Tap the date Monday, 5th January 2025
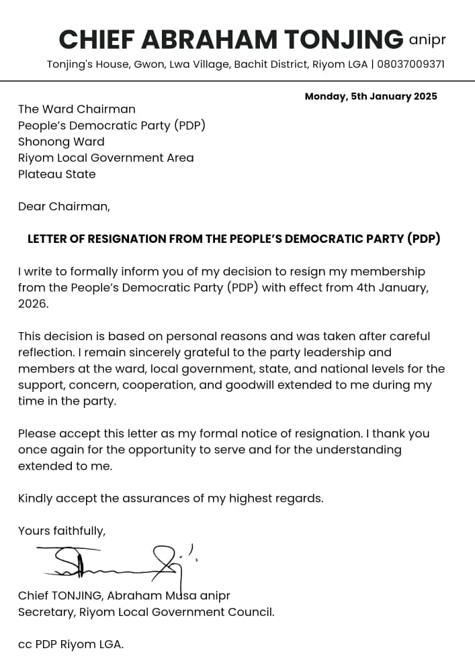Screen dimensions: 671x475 (x=371, y=97)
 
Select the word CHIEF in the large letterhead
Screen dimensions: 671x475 (x=97, y=40)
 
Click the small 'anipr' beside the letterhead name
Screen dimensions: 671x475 (x=427, y=40)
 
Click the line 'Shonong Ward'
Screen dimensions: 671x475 (x=61, y=142)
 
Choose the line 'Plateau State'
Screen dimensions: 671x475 (x=57, y=174)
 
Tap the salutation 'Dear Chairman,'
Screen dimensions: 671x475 (x=64, y=207)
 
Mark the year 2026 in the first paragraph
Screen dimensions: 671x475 (x=33, y=304)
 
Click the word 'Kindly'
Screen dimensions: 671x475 (x=35, y=499)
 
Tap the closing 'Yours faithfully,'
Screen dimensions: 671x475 (x=62, y=531)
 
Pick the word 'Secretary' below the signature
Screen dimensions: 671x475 (x=46, y=612)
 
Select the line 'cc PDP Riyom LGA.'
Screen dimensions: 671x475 (x=71, y=644)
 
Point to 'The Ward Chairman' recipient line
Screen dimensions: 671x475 (x=77, y=109)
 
